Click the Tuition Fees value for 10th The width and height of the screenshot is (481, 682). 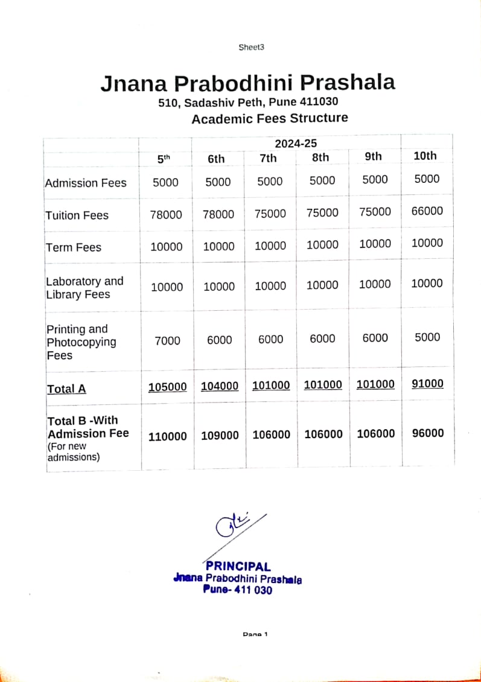[x=427, y=211]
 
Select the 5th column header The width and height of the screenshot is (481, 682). [x=164, y=159]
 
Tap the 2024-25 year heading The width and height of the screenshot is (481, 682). [x=296, y=143]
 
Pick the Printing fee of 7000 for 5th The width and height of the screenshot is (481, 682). [x=167, y=340]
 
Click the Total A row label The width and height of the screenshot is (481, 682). [x=66, y=389]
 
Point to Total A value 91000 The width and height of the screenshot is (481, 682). [x=427, y=384]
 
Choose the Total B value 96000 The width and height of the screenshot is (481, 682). [x=427, y=433]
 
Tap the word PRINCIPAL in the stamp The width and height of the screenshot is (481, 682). [x=238, y=566]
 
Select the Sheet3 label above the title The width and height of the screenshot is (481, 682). [x=252, y=48]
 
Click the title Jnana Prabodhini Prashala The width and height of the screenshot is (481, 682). [x=247, y=83]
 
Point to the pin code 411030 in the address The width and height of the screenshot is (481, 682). [x=317, y=102]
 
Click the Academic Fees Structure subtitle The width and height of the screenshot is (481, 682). [x=270, y=118]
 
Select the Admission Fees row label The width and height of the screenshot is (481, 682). [x=86, y=183]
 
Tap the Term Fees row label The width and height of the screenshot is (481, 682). [x=74, y=247]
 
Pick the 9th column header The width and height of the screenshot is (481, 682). [x=374, y=156]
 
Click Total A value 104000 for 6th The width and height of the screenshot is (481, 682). [x=219, y=386]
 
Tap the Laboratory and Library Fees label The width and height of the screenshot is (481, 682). [x=84, y=288]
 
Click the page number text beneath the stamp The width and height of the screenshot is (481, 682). [x=254, y=634]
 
